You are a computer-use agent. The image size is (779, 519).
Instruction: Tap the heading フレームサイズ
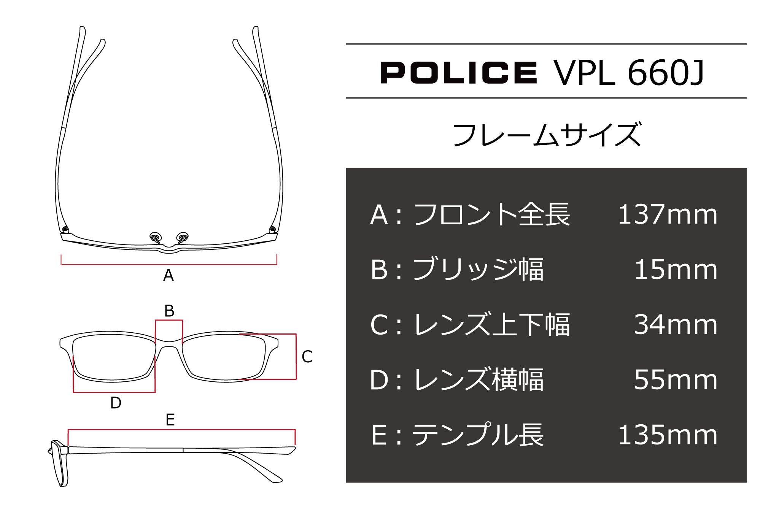[x=547, y=135]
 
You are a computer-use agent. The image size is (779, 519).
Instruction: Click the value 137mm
[x=668, y=214]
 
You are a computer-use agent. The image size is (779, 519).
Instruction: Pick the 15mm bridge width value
[x=676, y=270]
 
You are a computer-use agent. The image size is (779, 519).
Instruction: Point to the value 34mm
[x=676, y=325]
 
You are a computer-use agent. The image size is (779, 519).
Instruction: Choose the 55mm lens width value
[x=676, y=380]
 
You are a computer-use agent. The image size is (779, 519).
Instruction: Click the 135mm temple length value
[x=668, y=435]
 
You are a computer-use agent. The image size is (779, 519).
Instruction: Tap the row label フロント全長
[x=491, y=214]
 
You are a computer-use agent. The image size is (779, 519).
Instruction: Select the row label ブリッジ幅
[x=478, y=270]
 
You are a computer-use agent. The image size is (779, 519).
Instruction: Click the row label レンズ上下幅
[x=491, y=325]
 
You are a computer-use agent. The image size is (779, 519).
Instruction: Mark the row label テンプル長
[x=478, y=435]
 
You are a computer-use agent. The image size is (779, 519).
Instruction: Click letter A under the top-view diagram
[x=169, y=275]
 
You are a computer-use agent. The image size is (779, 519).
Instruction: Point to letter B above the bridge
[x=169, y=311]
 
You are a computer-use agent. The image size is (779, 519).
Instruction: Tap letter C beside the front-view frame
[x=307, y=357]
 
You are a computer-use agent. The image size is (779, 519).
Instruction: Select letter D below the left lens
[x=116, y=403]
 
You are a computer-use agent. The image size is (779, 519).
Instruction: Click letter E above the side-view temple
[x=170, y=420]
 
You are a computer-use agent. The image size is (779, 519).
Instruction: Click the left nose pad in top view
[x=155, y=236]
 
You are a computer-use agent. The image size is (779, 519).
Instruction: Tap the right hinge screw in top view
[x=272, y=229]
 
